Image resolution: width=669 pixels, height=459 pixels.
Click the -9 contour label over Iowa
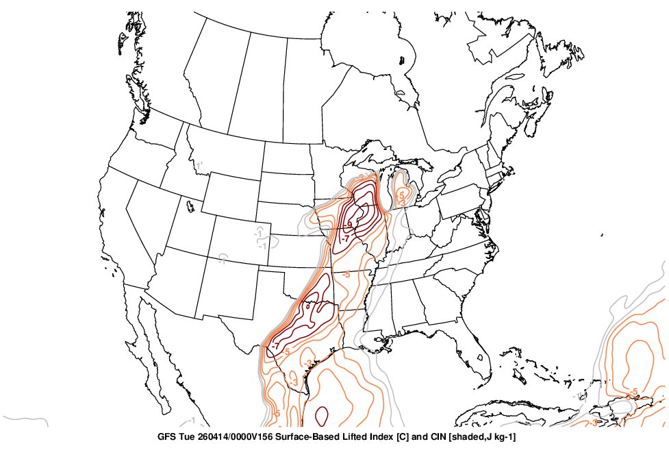click(351, 223)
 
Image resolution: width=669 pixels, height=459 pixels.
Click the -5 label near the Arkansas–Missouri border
click(346, 274)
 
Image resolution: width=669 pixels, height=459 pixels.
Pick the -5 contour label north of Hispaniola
click(634, 391)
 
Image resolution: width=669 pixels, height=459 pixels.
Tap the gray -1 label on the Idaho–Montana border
click(199, 166)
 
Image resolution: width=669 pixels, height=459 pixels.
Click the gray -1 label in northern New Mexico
click(223, 260)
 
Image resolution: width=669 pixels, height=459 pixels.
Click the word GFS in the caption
click(166, 436)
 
